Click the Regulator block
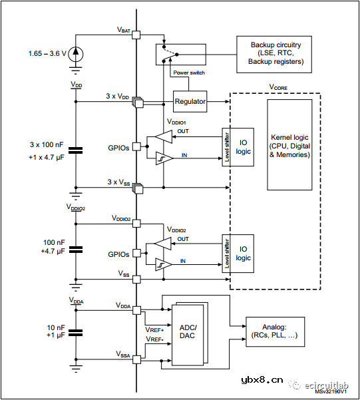click(190, 102)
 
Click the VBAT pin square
click(136, 35)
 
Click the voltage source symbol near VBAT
click(76, 52)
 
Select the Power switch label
click(188, 73)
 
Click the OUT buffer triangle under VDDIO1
click(163, 136)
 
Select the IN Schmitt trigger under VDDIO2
click(163, 266)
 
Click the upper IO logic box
click(244, 146)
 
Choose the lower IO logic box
click(244, 254)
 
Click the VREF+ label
click(154, 329)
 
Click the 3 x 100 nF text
click(45, 144)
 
